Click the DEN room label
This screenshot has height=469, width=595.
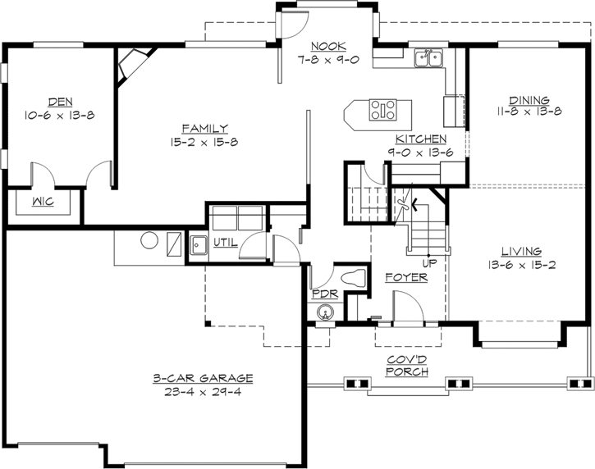point(59,102)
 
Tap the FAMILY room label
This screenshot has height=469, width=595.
point(204,128)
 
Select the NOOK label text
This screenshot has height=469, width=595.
point(328,46)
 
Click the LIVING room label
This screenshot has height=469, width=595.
point(521,251)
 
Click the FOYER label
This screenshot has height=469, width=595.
point(406,278)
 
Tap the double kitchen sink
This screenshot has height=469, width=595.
point(428,57)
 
